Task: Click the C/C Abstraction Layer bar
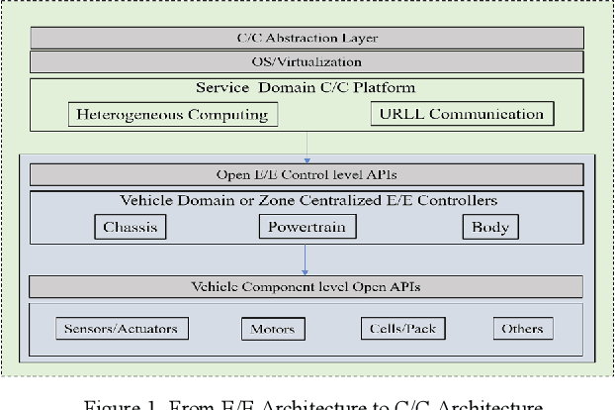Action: coord(307,39)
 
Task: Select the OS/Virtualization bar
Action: coord(307,62)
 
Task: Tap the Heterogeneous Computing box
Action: coord(172,114)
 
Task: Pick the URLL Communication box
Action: coord(462,114)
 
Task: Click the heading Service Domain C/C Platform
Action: coord(307,88)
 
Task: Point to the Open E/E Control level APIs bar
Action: coord(307,175)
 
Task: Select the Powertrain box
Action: coord(307,227)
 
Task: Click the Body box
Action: coord(489,227)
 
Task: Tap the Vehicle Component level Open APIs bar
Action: coord(307,287)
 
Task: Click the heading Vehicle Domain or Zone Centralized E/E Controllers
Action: coord(307,201)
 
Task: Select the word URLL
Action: coord(403,114)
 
